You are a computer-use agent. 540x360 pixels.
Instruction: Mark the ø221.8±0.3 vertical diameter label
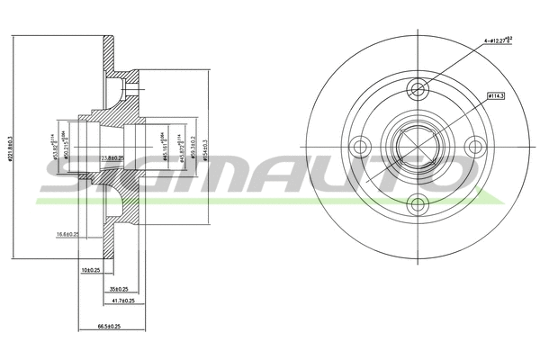pos(11,145)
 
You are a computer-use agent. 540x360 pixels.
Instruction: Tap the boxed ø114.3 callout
pos(494,94)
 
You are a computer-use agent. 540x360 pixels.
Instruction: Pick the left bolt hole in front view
pos(360,145)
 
